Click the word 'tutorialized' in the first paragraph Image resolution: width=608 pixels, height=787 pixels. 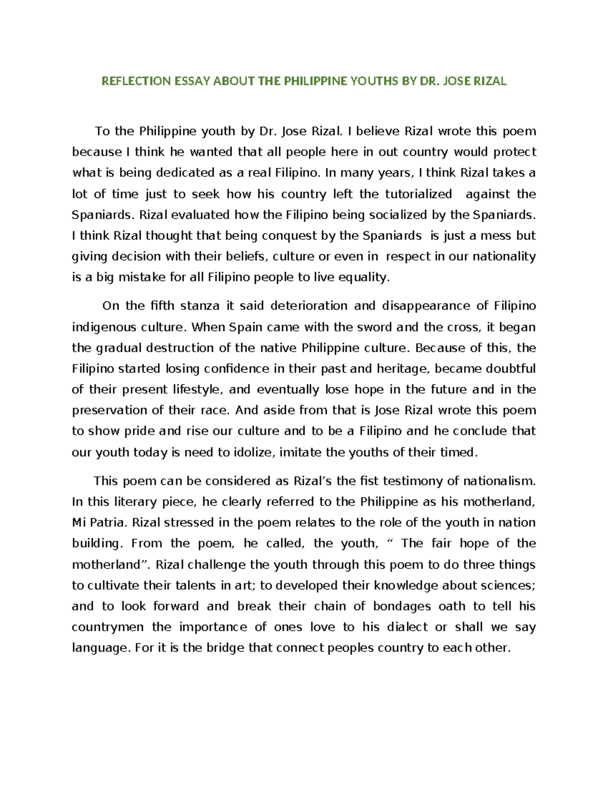(x=419, y=194)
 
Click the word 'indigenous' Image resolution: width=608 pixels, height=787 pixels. (x=104, y=327)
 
